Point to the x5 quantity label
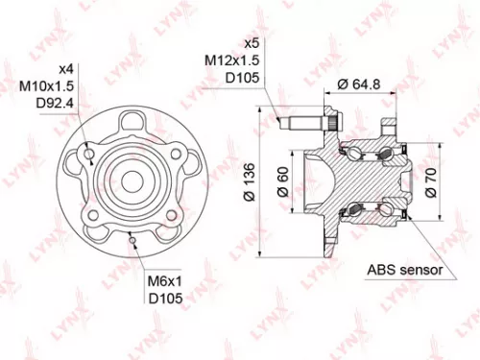point(252,44)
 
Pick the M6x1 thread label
point(164,281)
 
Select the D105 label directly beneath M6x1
point(164,299)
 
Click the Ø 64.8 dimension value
point(359,84)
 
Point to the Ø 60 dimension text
point(283,180)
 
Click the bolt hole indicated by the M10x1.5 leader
point(89,153)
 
